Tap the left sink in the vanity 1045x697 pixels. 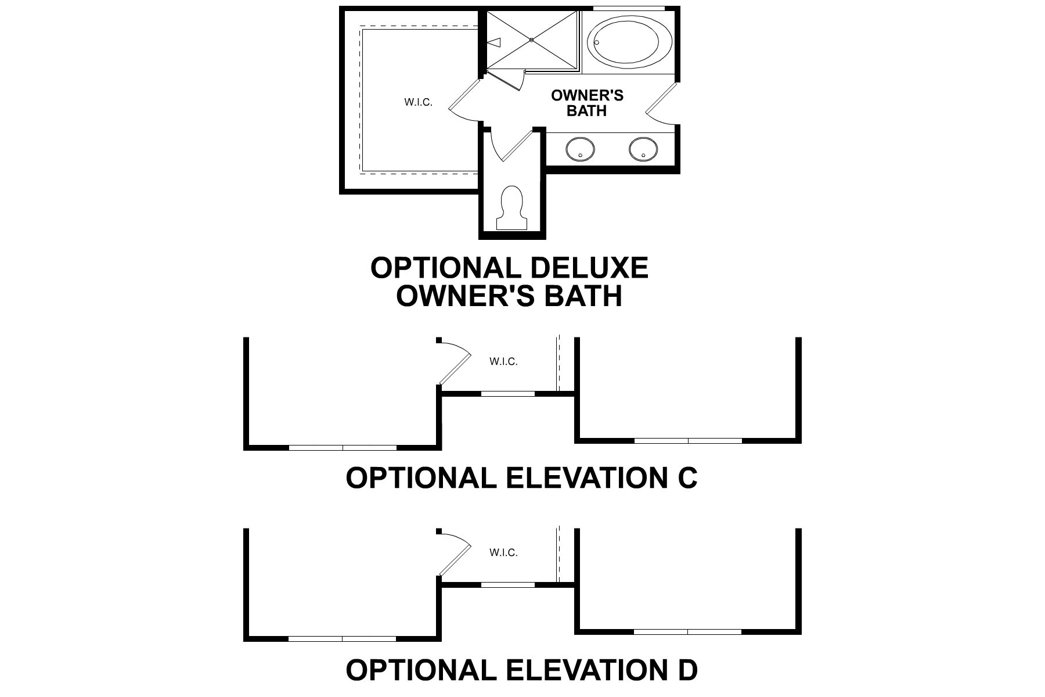coord(579,149)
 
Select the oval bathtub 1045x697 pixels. coord(630,42)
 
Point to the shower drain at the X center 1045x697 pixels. coord(532,39)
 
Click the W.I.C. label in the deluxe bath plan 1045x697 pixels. coord(418,103)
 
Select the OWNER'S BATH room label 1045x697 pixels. coord(587,103)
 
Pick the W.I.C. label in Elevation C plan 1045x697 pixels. coord(503,361)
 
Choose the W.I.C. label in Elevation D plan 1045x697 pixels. coord(503,552)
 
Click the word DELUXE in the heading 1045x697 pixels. coord(589,268)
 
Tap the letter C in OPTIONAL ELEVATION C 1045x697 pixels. coord(686,478)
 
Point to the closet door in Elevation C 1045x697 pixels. coord(456,366)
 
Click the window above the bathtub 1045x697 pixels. coord(628,8)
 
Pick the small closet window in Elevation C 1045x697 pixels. coord(508,394)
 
